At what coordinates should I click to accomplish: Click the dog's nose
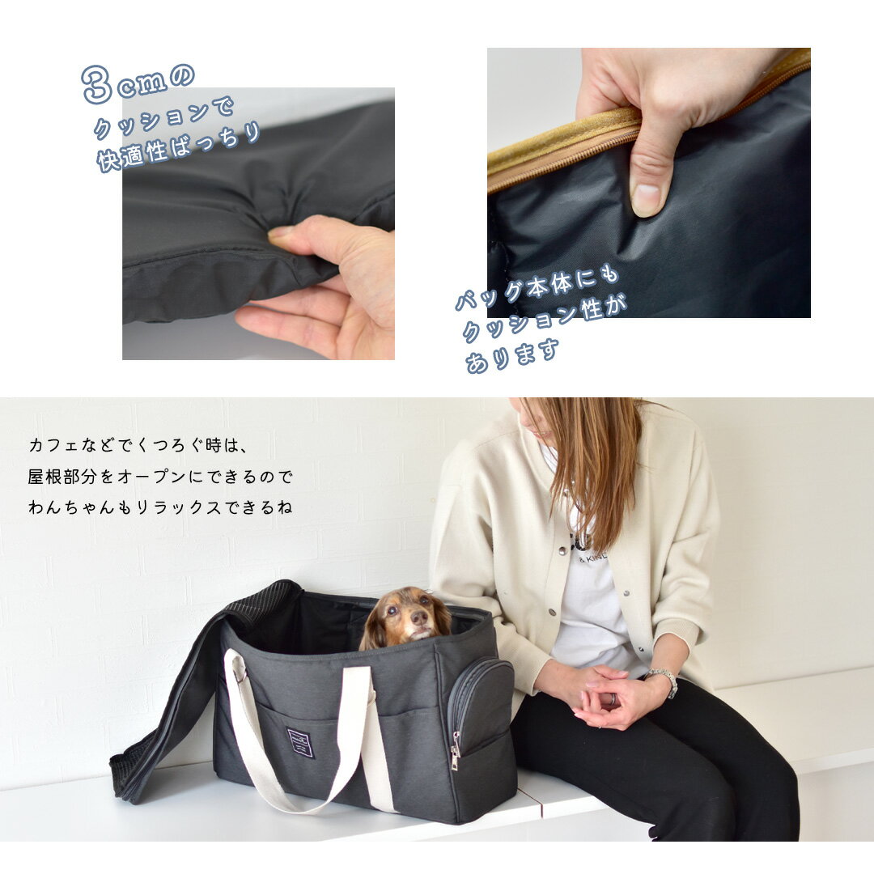pyautogui.click(x=419, y=617)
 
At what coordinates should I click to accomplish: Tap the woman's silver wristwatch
pyautogui.click(x=664, y=681)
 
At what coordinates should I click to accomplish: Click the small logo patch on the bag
pyautogui.click(x=302, y=742)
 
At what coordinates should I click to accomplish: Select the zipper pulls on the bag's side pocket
pyautogui.click(x=456, y=752)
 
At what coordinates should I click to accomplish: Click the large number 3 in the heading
pyautogui.click(x=96, y=84)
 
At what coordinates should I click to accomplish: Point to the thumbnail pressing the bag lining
pyautogui.click(x=647, y=200)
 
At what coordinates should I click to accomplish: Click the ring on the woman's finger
pyautogui.click(x=610, y=699)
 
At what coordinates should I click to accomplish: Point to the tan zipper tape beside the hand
pyautogui.click(x=563, y=148)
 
